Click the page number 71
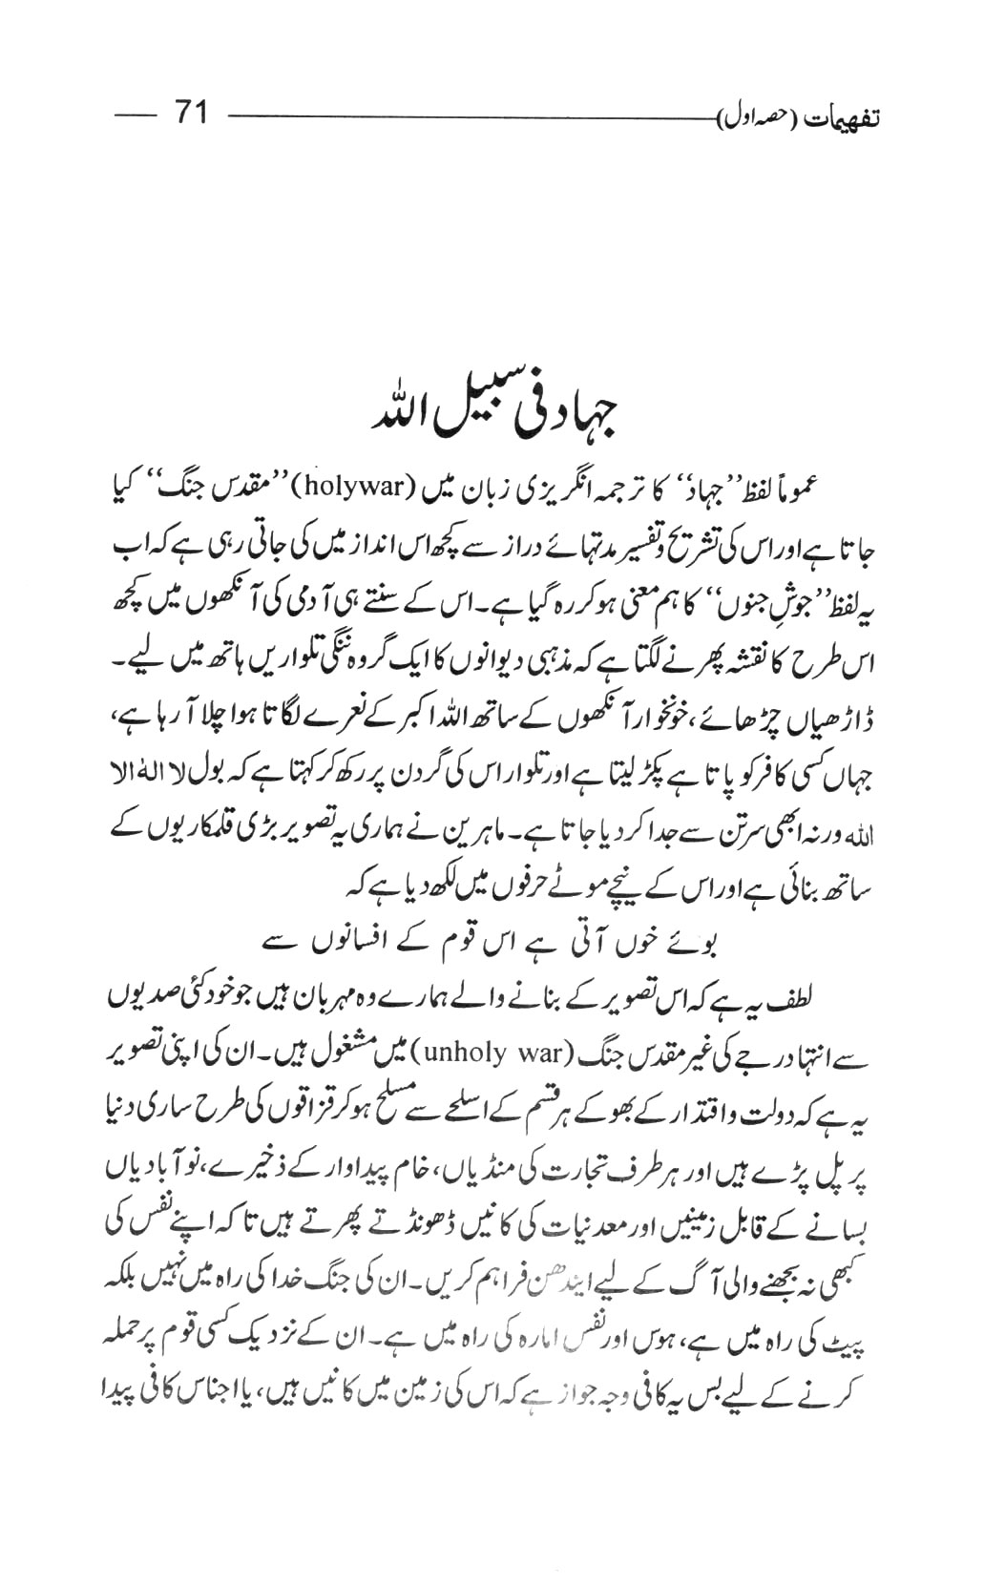point(189,114)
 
